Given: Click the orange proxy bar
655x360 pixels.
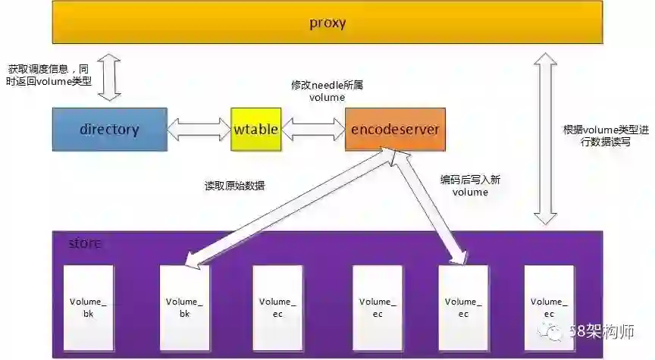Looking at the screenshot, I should [327, 23].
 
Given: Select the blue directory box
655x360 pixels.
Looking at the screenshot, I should [109, 129].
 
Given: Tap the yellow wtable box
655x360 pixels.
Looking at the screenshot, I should [256, 129].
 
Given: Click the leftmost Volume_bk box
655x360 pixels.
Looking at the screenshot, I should [88, 307].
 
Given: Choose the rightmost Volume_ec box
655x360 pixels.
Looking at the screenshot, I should [548, 307].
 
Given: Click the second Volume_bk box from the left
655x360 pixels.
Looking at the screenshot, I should [184, 307].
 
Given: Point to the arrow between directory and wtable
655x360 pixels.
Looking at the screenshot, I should [199, 129].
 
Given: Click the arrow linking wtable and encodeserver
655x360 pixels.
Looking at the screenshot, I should [313, 129].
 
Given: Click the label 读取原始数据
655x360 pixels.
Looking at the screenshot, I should [235, 186].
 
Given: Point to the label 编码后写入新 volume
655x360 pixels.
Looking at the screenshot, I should [469, 186].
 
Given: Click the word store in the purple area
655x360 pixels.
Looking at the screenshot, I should [84, 243].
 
